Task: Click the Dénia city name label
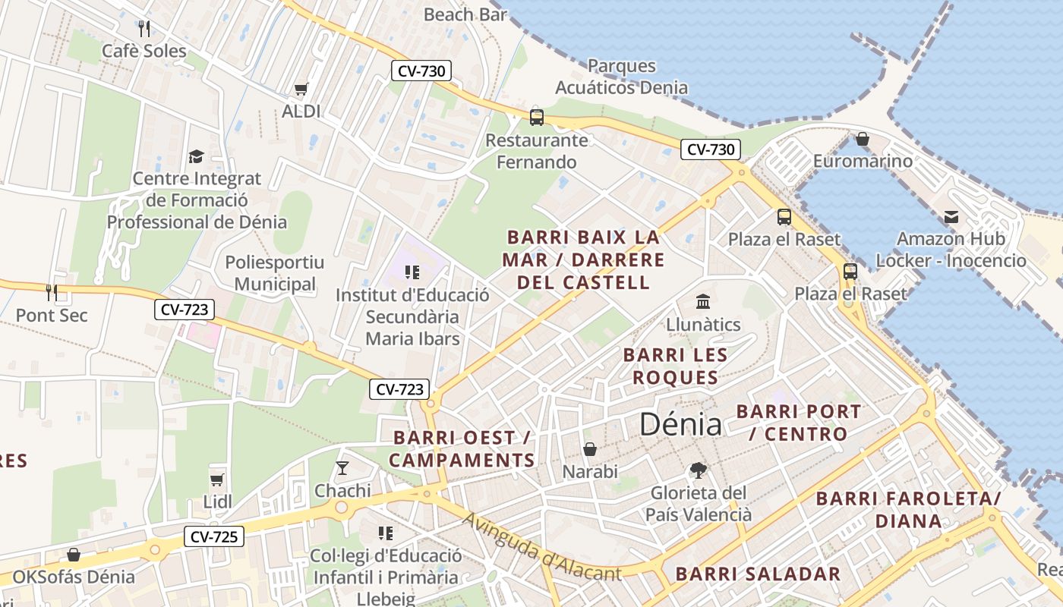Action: point(680,423)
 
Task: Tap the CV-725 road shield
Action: point(215,537)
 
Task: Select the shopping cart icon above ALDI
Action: point(301,90)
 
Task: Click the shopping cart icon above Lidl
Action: point(217,480)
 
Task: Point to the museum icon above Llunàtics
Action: point(703,302)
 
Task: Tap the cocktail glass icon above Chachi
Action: point(342,467)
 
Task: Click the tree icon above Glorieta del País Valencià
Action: point(698,470)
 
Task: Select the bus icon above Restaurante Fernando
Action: point(537,118)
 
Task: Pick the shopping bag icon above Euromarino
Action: point(863,139)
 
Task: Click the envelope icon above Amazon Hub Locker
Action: point(951,217)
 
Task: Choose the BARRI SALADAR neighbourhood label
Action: point(758,574)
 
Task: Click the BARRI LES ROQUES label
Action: point(675,366)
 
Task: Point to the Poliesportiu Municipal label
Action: point(275,273)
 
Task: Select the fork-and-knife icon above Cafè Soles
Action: point(144,29)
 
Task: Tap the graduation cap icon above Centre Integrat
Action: point(197,156)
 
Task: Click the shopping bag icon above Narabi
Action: point(590,449)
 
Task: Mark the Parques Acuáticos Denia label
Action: point(622,77)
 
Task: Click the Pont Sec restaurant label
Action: point(52,315)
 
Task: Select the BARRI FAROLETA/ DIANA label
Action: point(908,510)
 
